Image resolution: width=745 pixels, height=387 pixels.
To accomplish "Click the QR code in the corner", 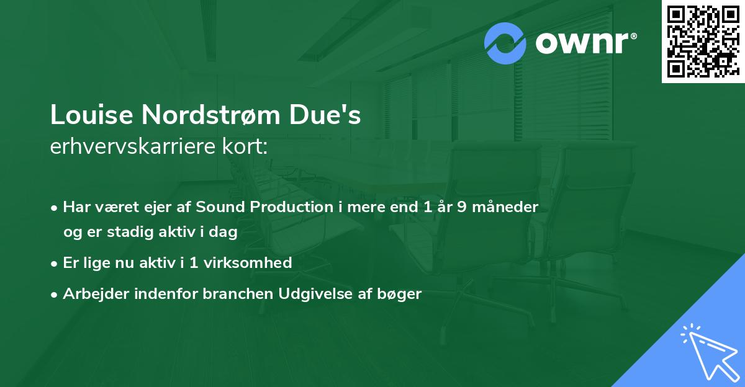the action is tap(703, 41).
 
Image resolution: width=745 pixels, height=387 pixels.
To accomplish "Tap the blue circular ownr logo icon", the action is tap(505, 43).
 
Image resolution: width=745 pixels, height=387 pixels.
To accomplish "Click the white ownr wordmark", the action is tap(582, 43).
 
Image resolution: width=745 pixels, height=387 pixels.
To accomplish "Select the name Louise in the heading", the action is tap(91, 115).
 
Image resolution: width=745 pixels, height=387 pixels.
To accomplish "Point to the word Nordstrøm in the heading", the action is tap(211, 115).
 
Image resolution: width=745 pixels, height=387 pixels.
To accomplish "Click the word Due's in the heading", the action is tap(325, 115).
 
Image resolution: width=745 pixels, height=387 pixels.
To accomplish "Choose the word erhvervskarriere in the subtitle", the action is tap(133, 146).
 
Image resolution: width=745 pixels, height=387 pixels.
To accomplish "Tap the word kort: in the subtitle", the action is tap(245, 146).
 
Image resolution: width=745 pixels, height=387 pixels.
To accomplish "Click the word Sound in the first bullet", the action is tap(220, 207).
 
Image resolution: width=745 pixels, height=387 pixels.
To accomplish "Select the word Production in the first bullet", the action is tap(291, 207).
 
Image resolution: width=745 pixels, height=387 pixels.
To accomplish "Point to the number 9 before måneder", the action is tap(462, 207).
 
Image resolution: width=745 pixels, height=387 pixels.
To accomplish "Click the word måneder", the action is tap(505, 207).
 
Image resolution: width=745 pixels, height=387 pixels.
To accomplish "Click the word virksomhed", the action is tap(248, 262).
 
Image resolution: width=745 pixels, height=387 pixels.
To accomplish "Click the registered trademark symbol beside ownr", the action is tap(633, 36).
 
